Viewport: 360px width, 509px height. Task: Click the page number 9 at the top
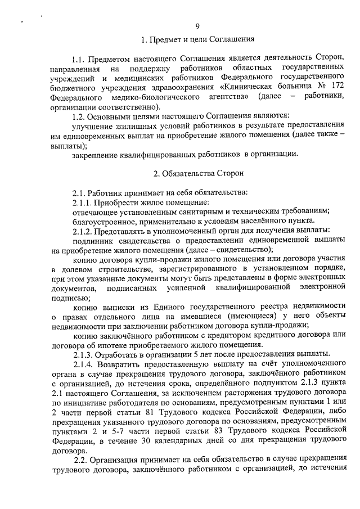[x=197, y=26]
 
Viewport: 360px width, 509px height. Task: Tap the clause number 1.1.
[x=79, y=58]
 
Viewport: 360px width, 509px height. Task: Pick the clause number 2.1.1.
[x=84, y=202]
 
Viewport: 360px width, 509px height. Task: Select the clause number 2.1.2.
[x=84, y=231]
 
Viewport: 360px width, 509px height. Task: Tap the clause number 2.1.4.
[x=84, y=364]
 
